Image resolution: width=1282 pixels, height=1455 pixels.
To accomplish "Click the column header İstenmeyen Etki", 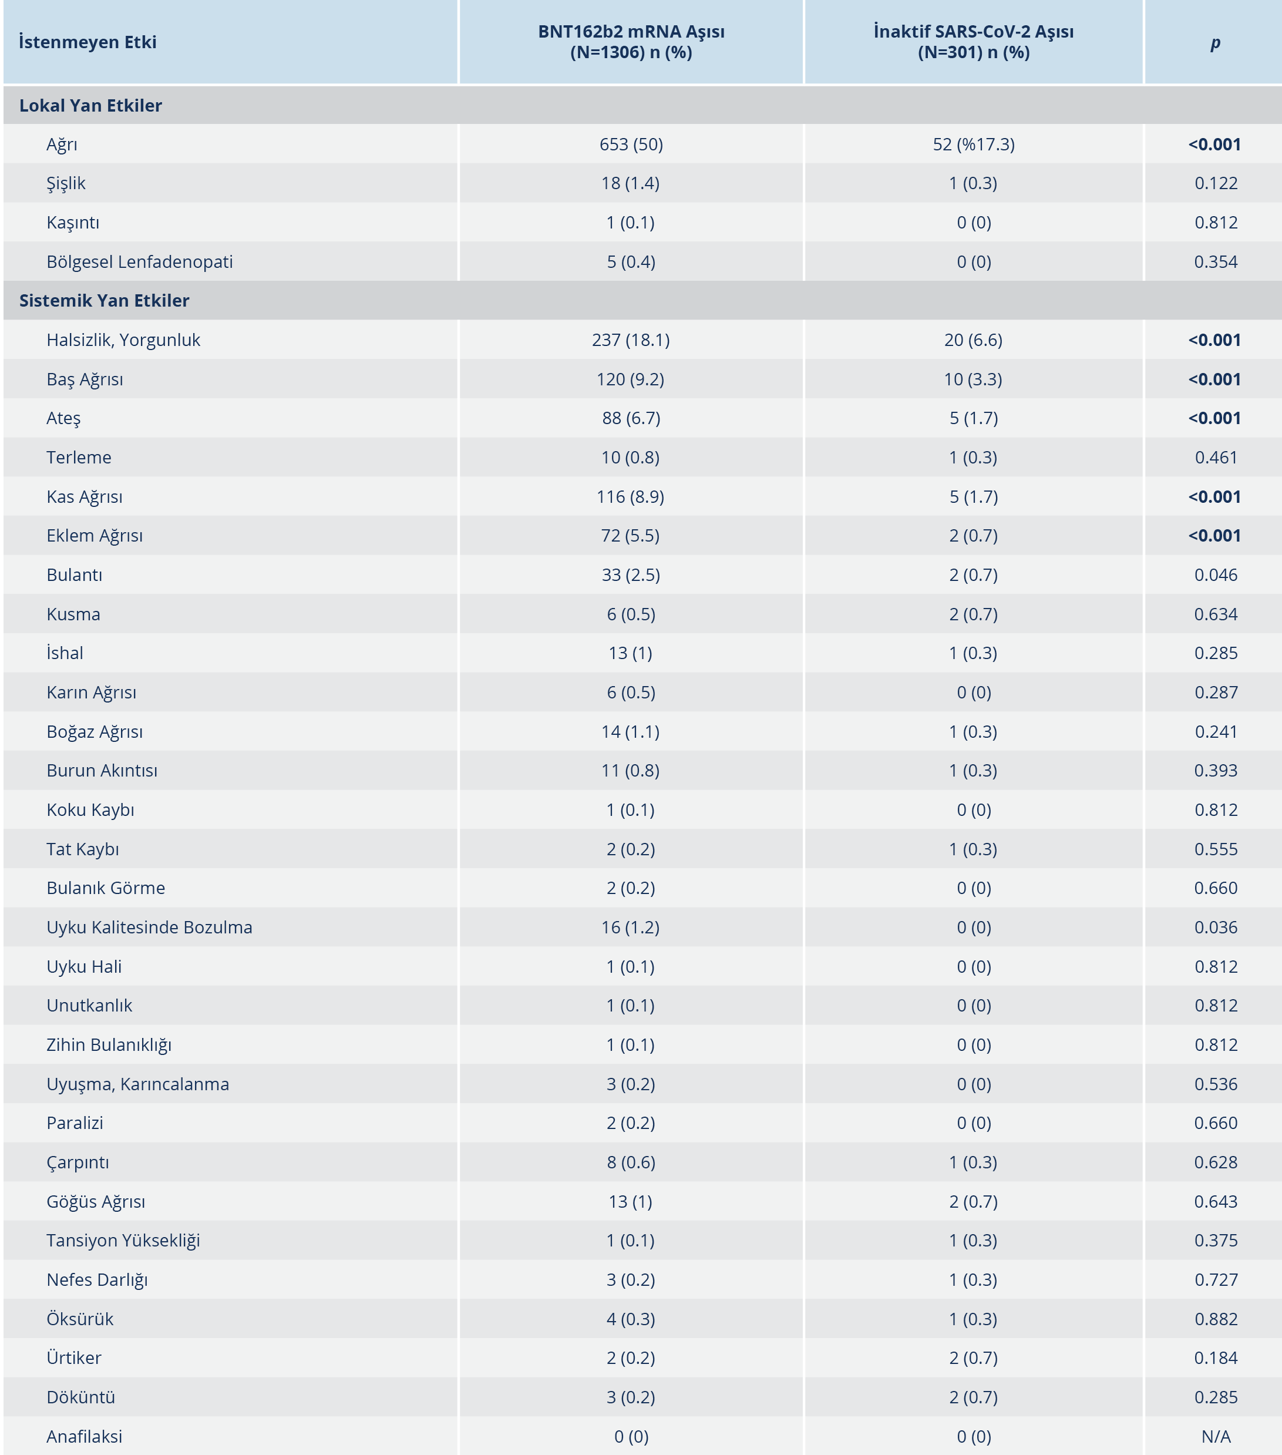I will [x=88, y=42].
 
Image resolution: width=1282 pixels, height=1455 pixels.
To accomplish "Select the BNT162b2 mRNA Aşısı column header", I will [x=631, y=42].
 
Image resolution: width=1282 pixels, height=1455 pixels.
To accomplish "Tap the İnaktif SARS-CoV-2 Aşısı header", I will [x=973, y=42].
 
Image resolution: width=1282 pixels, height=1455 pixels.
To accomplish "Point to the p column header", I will [x=1215, y=42].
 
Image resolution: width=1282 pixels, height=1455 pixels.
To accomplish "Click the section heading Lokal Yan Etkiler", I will [x=90, y=105].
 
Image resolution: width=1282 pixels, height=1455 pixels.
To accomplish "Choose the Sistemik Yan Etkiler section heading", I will [x=104, y=300].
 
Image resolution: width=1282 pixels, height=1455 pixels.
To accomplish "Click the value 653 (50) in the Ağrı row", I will [x=631, y=145].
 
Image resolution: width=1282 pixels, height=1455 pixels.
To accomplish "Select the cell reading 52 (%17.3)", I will [x=973, y=145].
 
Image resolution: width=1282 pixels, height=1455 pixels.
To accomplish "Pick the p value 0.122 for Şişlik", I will [x=1215, y=184].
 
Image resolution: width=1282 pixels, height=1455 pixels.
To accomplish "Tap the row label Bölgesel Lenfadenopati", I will [x=140, y=262].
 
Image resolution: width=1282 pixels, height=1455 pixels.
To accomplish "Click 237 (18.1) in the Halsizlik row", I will [x=631, y=340].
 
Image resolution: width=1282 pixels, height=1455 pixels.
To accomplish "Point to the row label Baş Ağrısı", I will [x=85, y=379].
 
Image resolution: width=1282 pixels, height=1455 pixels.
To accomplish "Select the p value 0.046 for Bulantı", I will [x=1215, y=575].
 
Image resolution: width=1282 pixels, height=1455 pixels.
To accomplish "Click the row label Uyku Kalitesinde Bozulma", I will [x=150, y=928].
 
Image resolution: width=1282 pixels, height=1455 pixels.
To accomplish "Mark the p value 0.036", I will [x=1215, y=928].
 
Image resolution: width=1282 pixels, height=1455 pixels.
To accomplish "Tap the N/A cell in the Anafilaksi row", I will [x=1215, y=1436].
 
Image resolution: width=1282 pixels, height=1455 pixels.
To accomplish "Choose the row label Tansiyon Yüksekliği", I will [x=123, y=1241].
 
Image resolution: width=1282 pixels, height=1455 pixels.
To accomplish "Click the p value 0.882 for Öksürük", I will [x=1215, y=1319].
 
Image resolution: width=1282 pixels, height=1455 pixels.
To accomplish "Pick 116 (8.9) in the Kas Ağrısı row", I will [x=631, y=497].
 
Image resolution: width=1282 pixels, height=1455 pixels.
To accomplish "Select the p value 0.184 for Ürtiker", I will [x=1215, y=1358].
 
